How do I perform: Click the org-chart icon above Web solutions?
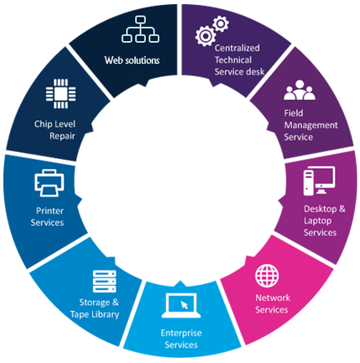coord(140,29)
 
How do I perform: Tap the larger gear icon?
coord(206,36)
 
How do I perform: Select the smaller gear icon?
coord(221,24)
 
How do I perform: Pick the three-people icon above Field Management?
coord(300,90)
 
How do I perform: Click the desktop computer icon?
coord(319,181)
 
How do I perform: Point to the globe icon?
coord(267,276)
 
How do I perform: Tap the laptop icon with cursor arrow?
coord(181,306)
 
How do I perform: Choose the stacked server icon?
coord(104,281)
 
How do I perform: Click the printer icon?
coord(50,183)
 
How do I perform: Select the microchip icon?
coord(60,93)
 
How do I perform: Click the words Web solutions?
coord(132,60)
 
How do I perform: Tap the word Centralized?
coord(237,48)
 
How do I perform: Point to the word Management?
coord(311,125)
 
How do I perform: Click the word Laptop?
coord(318,221)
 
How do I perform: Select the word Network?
coord(273,297)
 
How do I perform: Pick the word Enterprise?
coord(181,333)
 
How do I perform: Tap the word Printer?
coord(50,211)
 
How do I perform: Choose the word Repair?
coord(62,136)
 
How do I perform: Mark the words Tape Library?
coord(95,314)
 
